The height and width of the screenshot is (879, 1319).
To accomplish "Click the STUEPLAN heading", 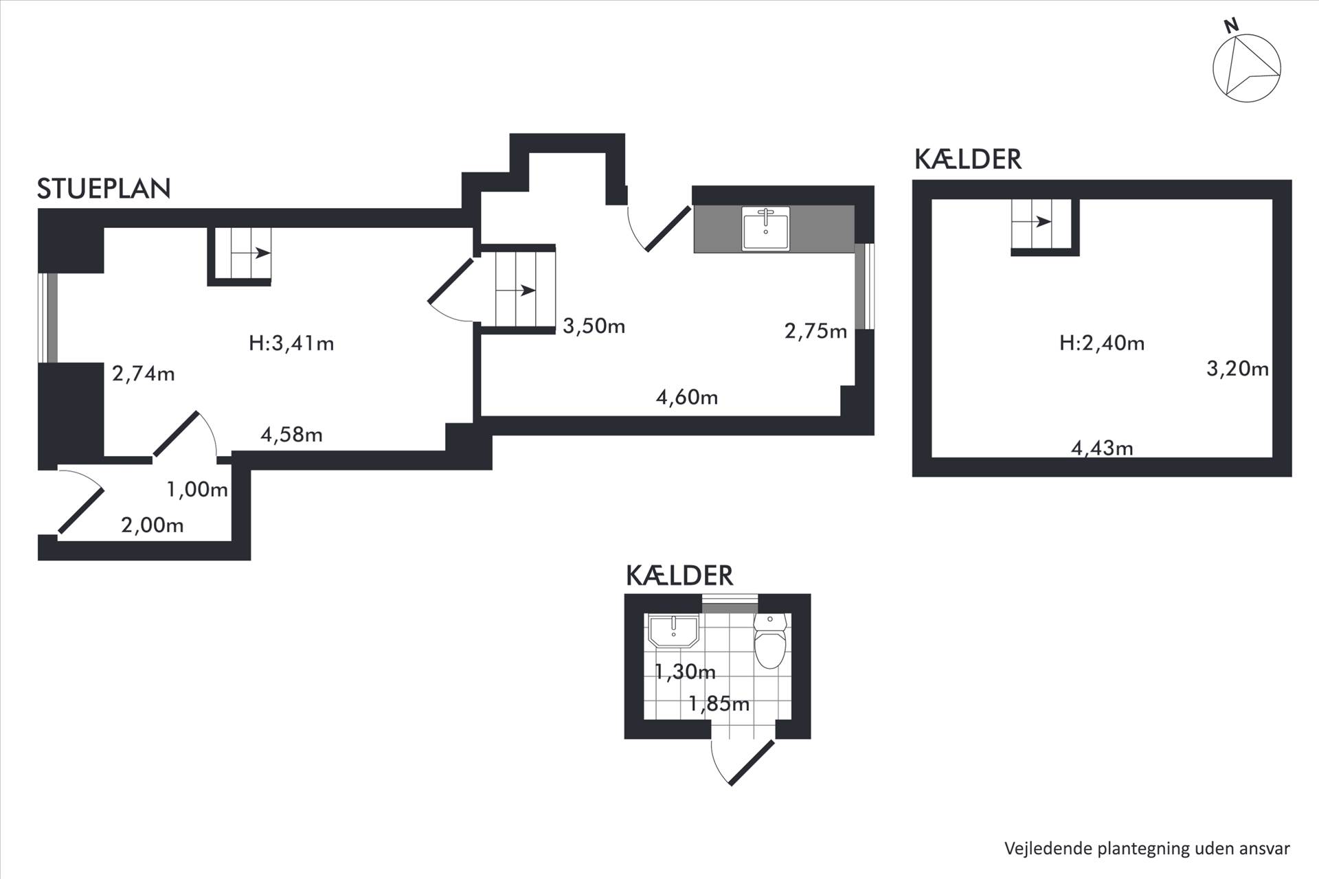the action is pos(104,189).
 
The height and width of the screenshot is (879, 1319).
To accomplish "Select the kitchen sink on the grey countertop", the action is pos(766,228).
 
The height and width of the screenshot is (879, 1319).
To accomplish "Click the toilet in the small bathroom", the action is pos(769,641).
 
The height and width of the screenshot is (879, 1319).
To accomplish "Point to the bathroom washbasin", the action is pos(674,631).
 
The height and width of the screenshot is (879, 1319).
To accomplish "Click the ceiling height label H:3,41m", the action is pos(291,343).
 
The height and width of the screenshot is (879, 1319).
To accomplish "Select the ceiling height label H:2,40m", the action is pos(1102,343).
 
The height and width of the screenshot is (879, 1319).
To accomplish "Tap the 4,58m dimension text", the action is pos(291,435).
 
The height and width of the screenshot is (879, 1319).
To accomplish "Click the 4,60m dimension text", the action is pos(687,397).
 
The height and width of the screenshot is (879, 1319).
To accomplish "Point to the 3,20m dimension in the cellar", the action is pos(1237,369).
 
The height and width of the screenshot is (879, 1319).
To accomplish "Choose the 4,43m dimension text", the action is pos(1102,448).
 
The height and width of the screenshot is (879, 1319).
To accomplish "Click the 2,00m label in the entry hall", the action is pos(153,525).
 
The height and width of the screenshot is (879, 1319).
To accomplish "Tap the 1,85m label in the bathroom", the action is pos(719,703).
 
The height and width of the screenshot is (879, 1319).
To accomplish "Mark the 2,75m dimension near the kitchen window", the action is pos(815,332).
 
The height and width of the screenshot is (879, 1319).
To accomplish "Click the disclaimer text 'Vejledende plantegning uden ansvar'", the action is pos(1147,848).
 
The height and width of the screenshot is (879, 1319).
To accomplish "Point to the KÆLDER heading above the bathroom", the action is pos(679,575).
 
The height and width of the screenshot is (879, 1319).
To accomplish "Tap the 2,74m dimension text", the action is pos(144,374).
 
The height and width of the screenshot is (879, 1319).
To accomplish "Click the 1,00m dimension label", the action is pos(197,490).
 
